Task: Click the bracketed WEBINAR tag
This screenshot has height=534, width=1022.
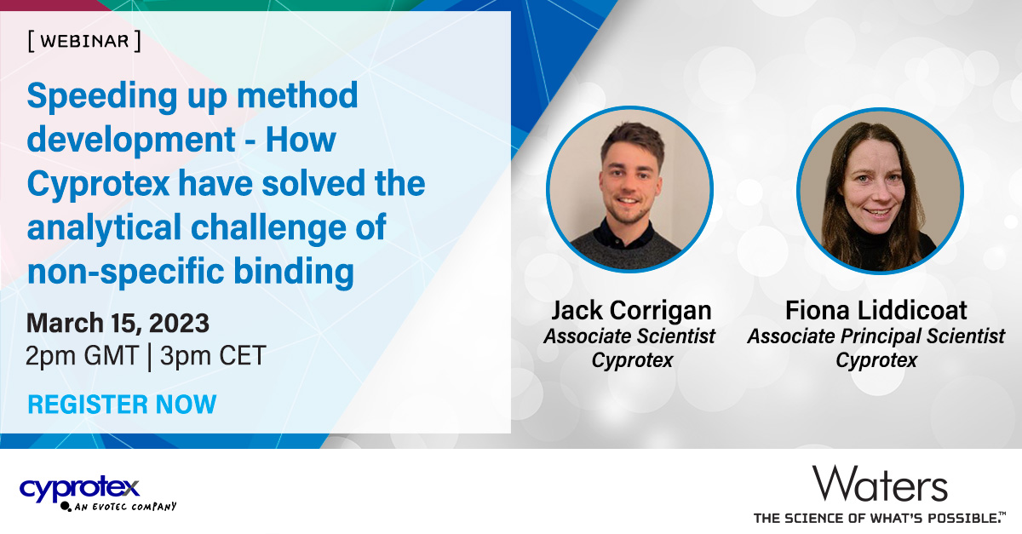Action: click(83, 42)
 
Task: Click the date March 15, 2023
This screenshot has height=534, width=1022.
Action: click(118, 324)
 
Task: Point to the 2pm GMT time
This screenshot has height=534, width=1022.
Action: click(82, 356)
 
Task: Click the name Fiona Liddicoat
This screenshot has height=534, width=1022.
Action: click(876, 310)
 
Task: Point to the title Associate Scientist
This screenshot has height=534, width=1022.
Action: click(629, 336)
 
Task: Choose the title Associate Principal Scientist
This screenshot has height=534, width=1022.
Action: click(876, 336)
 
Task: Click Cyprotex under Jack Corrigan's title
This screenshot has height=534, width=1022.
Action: click(632, 360)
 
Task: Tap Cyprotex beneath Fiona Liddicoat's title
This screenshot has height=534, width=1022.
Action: click(876, 360)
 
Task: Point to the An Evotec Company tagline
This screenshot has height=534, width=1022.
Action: click(124, 507)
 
